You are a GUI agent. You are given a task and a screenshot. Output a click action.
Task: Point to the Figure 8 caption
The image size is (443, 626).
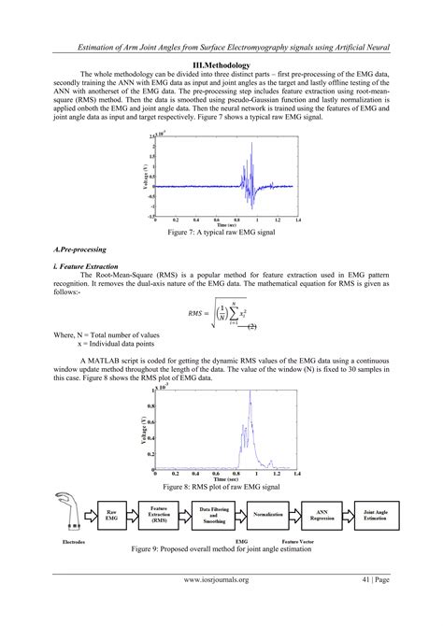click(x=221, y=487)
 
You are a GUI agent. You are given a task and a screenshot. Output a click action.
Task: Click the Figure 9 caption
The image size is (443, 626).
click(x=221, y=549)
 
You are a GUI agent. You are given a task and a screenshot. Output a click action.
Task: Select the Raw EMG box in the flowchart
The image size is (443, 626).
click(x=111, y=515)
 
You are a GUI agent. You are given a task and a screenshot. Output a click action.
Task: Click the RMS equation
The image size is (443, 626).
click(x=221, y=314)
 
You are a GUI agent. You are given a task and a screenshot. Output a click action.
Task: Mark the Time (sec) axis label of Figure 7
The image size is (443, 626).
click(x=225, y=225)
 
